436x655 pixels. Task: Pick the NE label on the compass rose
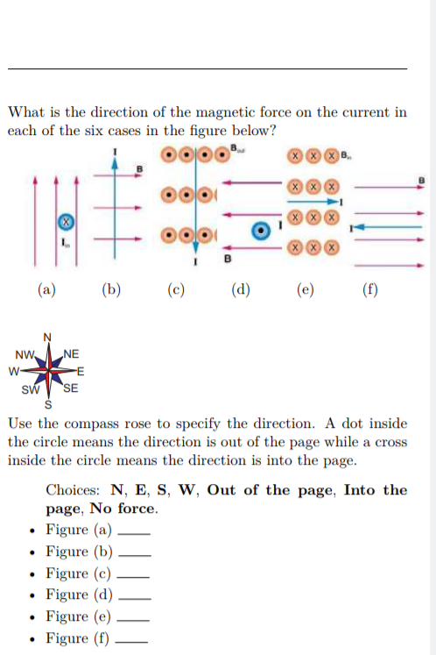[71, 354]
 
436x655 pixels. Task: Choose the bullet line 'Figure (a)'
[79, 530]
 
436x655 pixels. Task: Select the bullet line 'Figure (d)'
[79, 594]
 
